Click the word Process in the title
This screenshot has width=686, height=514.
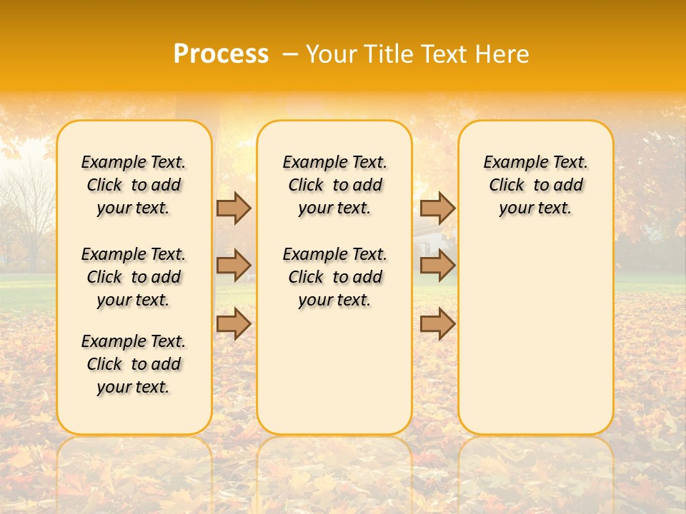pyautogui.click(x=221, y=54)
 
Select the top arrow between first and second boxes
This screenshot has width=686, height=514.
pyautogui.click(x=233, y=208)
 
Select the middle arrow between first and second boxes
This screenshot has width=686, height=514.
pyautogui.click(x=233, y=266)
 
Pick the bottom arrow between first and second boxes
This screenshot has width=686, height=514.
pyautogui.click(x=233, y=323)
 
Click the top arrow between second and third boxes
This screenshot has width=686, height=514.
pyautogui.click(x=437, y=208)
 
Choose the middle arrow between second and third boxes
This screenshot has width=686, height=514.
pyautogui.click(x=437, y=266)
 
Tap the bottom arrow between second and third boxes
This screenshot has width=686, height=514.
pyautogui.click(x=437, y=323)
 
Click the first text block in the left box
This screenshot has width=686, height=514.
pyautogui.click(x=134, y=185)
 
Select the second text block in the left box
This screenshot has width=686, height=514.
pyautogui.click(x=134, y=277)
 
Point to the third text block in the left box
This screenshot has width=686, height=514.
pyautogui.click(x=134, y=364)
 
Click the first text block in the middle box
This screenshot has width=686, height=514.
pyautogui.click(x=335, y=185)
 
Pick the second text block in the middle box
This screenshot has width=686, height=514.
pyautogui.click(x=335, y=277)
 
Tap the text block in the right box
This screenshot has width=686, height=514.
pyautogui.click(x=536, y=185)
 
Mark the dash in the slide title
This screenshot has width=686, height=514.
pyautogui.click(x=291, y=54)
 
